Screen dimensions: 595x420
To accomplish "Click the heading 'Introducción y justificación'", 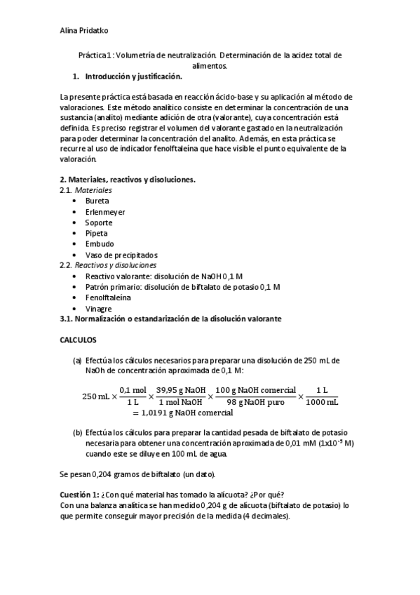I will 133,76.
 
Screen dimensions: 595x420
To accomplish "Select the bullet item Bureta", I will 97,201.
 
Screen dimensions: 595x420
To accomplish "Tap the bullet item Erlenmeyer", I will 105,212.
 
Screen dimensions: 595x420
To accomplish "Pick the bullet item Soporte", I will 99,222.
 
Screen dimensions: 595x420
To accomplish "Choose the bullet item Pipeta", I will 97,233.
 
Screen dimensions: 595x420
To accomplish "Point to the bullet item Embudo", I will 100,243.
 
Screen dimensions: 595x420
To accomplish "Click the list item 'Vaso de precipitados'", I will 121,255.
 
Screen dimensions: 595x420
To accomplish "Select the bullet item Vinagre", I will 99,308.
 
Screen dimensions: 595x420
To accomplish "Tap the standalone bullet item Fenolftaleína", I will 108,297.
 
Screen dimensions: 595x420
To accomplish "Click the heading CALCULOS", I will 78,339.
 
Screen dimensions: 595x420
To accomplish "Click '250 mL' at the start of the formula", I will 95,396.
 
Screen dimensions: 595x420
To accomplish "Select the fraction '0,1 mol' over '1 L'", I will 133,396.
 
